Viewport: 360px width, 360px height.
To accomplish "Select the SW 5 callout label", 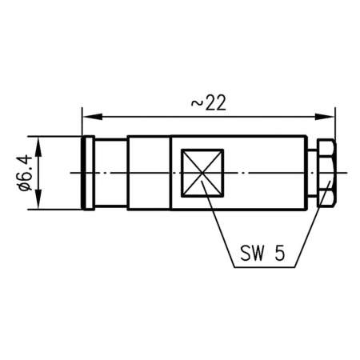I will [x=262, y=254].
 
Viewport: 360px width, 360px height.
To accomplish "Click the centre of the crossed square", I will [x=202, y=174].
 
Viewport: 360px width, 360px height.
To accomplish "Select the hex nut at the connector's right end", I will [x=327, y=174].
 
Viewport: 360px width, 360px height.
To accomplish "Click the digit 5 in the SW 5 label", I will [x=278, y=254].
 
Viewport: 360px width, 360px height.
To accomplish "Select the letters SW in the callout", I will [x=253, y=254].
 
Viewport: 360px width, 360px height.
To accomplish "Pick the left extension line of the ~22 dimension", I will [x=82, y=124].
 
